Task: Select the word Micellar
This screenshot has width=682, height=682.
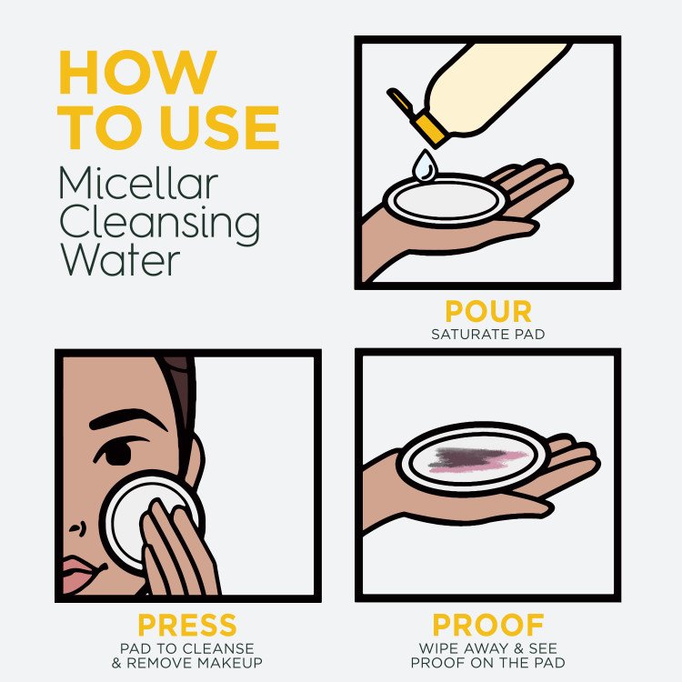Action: click(138, 184)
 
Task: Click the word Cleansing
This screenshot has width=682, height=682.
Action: click(159, 224)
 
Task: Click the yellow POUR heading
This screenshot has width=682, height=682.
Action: click(487, 312)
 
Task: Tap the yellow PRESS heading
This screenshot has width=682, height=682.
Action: click(186, 626)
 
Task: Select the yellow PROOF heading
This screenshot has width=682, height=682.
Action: click(487, 626)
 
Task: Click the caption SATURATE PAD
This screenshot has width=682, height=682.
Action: click(487, 335)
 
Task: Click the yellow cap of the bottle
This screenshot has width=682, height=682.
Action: click(427, 127)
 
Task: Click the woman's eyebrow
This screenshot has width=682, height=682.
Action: click(115, 419)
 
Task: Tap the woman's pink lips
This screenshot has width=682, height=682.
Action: click(80, 573)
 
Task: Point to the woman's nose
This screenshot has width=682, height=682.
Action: click(76, 523)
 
